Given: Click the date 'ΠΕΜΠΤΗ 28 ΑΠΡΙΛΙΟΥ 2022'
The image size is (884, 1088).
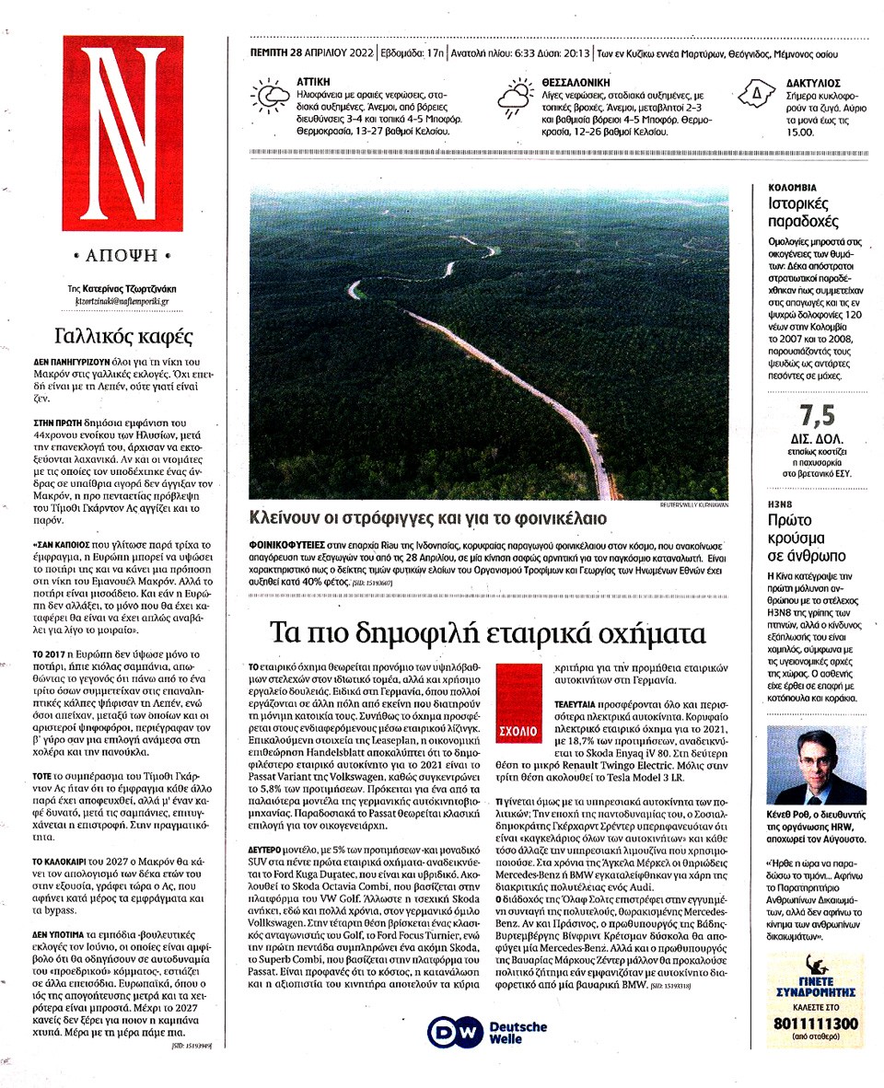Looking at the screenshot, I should click(x=312, y=52).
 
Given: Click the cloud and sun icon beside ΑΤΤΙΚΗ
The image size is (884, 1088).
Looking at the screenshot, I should click(x=270, y=98).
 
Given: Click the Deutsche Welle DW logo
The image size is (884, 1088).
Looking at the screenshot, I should click(x=487, y=1033).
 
